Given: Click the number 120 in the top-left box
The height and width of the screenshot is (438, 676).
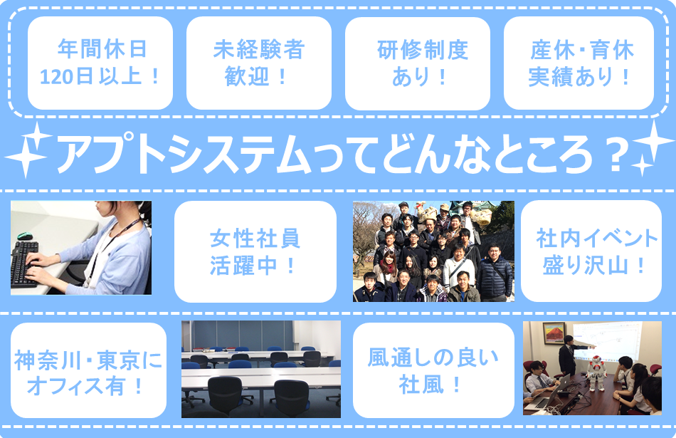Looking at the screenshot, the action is click(x=58, y=77).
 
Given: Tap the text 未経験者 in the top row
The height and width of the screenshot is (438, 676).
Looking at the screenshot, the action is click(x=259, y=50).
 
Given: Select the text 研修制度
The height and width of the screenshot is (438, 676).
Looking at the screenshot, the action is click(x=423, y=50).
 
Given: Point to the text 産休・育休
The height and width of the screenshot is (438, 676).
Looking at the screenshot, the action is click(x=582, y=50).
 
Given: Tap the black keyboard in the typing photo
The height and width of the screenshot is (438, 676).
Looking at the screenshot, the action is click(x=24, y=264).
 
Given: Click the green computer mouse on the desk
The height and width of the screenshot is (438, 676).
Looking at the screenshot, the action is click(x=25, y=236).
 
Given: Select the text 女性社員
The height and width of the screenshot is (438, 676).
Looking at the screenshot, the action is click(x=255, y=239).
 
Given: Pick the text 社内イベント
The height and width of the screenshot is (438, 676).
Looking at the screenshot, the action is click(x=597, y=239).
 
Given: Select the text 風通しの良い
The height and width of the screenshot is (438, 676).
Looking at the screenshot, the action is click(x=433, y=358).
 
